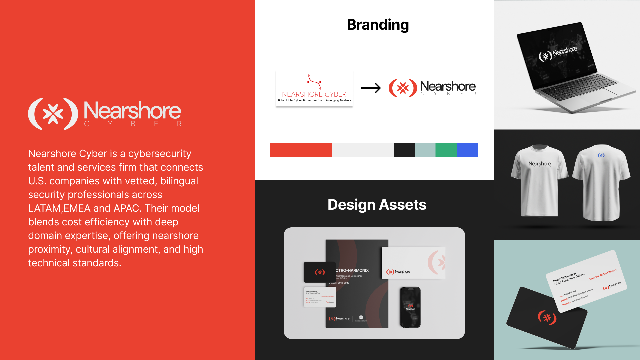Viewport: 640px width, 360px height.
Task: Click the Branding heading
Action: (x=378, y=25)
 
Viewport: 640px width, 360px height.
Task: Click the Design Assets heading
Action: (x=377, y=205)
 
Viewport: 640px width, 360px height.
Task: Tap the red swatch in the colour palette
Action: (x=301, y=150)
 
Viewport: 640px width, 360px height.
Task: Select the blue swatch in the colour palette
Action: (x=467, y=150)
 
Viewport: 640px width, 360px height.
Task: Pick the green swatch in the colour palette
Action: (x=446, y=150)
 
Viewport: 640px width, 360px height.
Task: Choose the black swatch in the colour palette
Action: (x=404, y=150)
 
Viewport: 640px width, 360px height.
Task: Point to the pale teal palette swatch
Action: (x=425, y=150)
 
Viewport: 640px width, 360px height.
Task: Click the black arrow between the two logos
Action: (x=371, y=88)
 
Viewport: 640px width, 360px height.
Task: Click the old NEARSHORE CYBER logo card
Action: (x=314, y=89)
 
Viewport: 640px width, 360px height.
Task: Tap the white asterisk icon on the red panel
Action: (x=53, y=114)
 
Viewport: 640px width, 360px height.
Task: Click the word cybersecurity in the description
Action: (x=160, y=154)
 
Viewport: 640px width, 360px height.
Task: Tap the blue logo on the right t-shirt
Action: (x=601, y=155)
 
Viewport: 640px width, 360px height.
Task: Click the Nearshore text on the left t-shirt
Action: (x=539, y=164)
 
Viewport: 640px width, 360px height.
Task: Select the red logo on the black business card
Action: (x=547, y=317)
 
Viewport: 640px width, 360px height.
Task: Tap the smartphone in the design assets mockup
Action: (x=410, y=307)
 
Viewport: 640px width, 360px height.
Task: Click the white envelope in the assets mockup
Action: (x=413, y=263)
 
